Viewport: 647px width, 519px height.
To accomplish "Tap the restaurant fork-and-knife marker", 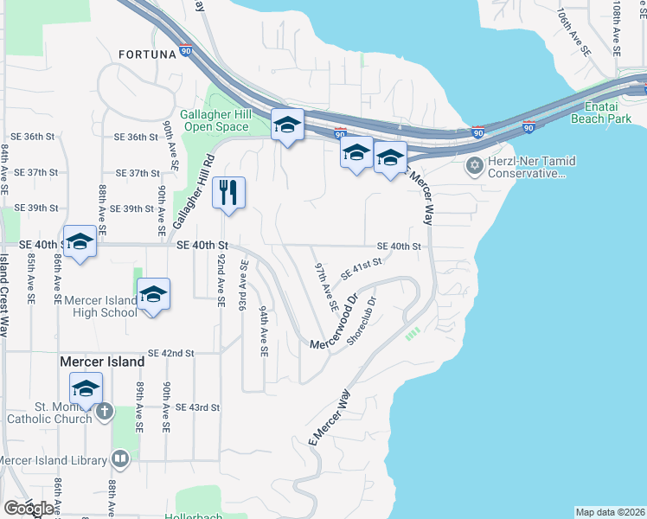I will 228,193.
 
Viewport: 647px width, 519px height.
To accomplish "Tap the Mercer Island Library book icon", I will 121,458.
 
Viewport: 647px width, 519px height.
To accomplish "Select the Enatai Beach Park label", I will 605,112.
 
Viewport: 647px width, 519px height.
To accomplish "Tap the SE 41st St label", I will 362,270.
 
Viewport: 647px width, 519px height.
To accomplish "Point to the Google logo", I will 28,508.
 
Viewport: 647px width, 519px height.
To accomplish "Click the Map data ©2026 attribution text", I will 610,512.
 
